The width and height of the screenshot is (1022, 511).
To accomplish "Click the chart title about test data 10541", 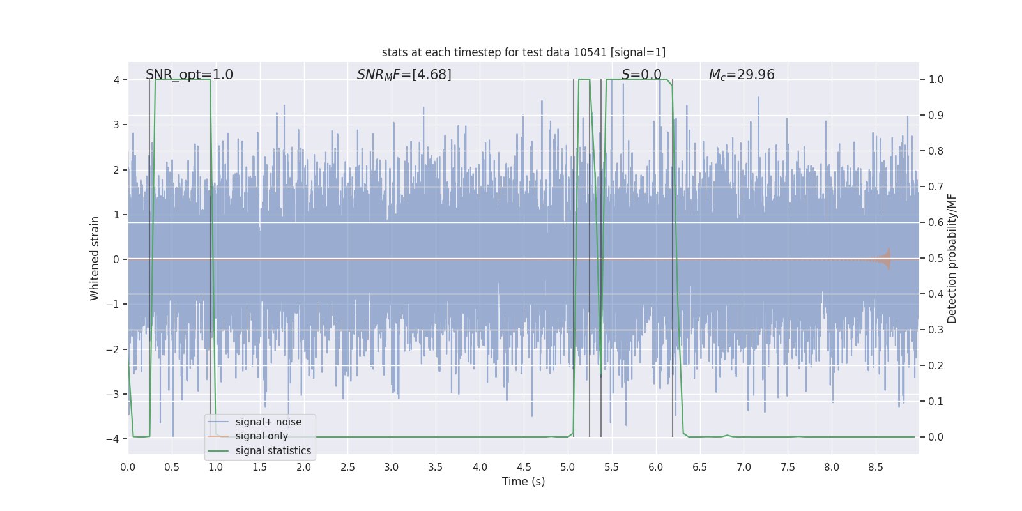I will coord(523,52).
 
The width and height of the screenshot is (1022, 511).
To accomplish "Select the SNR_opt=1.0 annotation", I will coord(189,75).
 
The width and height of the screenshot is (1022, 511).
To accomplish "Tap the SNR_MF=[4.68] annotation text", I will coord(404,75).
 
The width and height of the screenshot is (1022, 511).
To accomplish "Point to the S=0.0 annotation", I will coord(641,75).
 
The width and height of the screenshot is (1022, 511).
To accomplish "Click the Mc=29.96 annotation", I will coord(742,75).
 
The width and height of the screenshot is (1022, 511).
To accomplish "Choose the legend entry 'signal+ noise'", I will coord(268,422).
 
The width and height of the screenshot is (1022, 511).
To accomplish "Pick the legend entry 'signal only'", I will coord(261,436).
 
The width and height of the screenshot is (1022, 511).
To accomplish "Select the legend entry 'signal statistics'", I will coord(273,451).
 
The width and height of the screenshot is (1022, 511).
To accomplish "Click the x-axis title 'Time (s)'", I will coord(523,482).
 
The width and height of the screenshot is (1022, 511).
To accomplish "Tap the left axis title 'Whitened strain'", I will coord(95,258).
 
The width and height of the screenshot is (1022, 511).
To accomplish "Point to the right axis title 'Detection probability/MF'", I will coord(952,258).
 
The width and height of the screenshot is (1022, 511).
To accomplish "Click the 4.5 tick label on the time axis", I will coord(524,468).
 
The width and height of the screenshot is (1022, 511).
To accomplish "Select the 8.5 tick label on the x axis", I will coord(876,468).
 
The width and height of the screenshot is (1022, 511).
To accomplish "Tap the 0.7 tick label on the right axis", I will coord(936,187).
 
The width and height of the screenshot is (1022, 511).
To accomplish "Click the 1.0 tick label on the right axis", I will coord(936,80).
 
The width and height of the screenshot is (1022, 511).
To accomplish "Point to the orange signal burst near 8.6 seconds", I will coord(885,259).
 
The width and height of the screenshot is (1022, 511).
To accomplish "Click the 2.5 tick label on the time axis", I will coord(347,468).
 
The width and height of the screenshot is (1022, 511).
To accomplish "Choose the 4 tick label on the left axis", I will coord(116,80).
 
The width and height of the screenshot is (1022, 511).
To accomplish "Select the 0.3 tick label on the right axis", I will coord(936,330).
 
